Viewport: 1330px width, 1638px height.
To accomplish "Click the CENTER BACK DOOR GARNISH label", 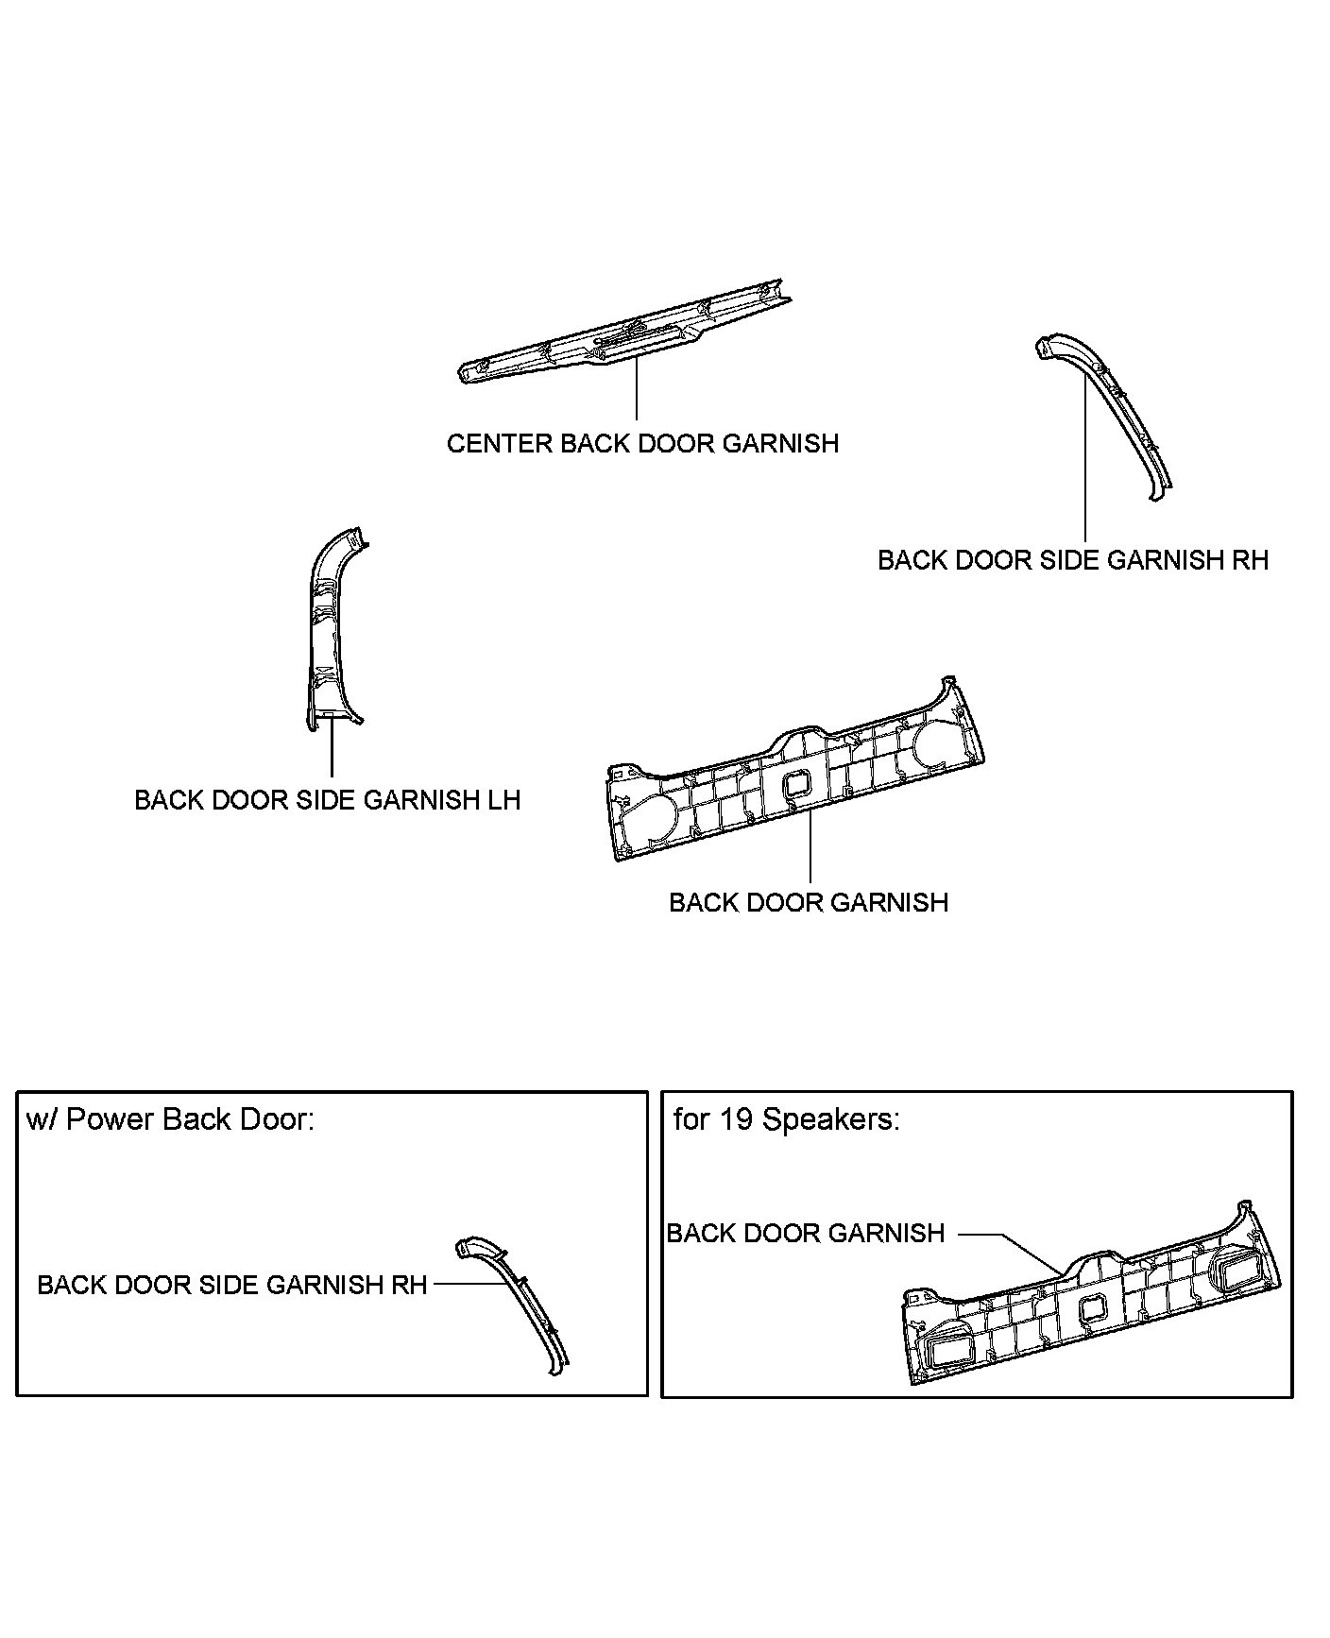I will pyautogui.click(x=642, y=443).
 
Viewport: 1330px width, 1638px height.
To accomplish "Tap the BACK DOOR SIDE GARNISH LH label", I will pyautogui.click(x=327, y=800).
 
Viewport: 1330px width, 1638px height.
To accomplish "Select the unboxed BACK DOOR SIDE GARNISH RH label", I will pyautogui.click(x=1072, y=560).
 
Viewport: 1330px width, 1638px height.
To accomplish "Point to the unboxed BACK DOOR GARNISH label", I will pyautogui.click(x=808, y=902).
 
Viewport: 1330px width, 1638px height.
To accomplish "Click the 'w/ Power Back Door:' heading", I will pyautogui.click(x=170, y=1119).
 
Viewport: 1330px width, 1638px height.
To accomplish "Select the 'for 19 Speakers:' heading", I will pyautogui.click(x=786, y=1119).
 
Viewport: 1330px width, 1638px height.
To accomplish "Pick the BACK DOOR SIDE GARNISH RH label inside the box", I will pyautogui.click(x=232, y=1285).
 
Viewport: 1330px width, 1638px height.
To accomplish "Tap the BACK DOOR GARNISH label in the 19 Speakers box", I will pyautogui.click(x=806, y=1233).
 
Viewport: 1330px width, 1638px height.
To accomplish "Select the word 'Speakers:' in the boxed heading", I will pyautogui.click(x=830, y=1119).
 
